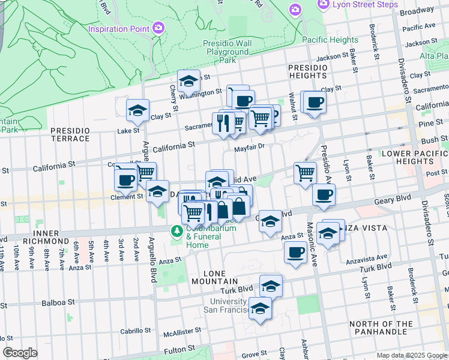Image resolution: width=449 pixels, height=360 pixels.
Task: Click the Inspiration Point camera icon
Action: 158,28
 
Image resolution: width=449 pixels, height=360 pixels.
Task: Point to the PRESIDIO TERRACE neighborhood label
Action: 70,135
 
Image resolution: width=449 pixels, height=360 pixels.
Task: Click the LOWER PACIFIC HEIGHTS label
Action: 414,157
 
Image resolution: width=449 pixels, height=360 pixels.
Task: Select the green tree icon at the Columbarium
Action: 177,230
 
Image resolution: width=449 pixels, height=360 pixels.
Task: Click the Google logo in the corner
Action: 20,353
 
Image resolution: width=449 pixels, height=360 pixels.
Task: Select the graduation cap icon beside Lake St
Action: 137,110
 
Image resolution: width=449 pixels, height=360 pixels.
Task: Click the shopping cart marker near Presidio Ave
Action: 305,173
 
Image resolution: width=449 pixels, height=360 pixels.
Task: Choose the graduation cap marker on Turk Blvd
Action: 271,286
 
